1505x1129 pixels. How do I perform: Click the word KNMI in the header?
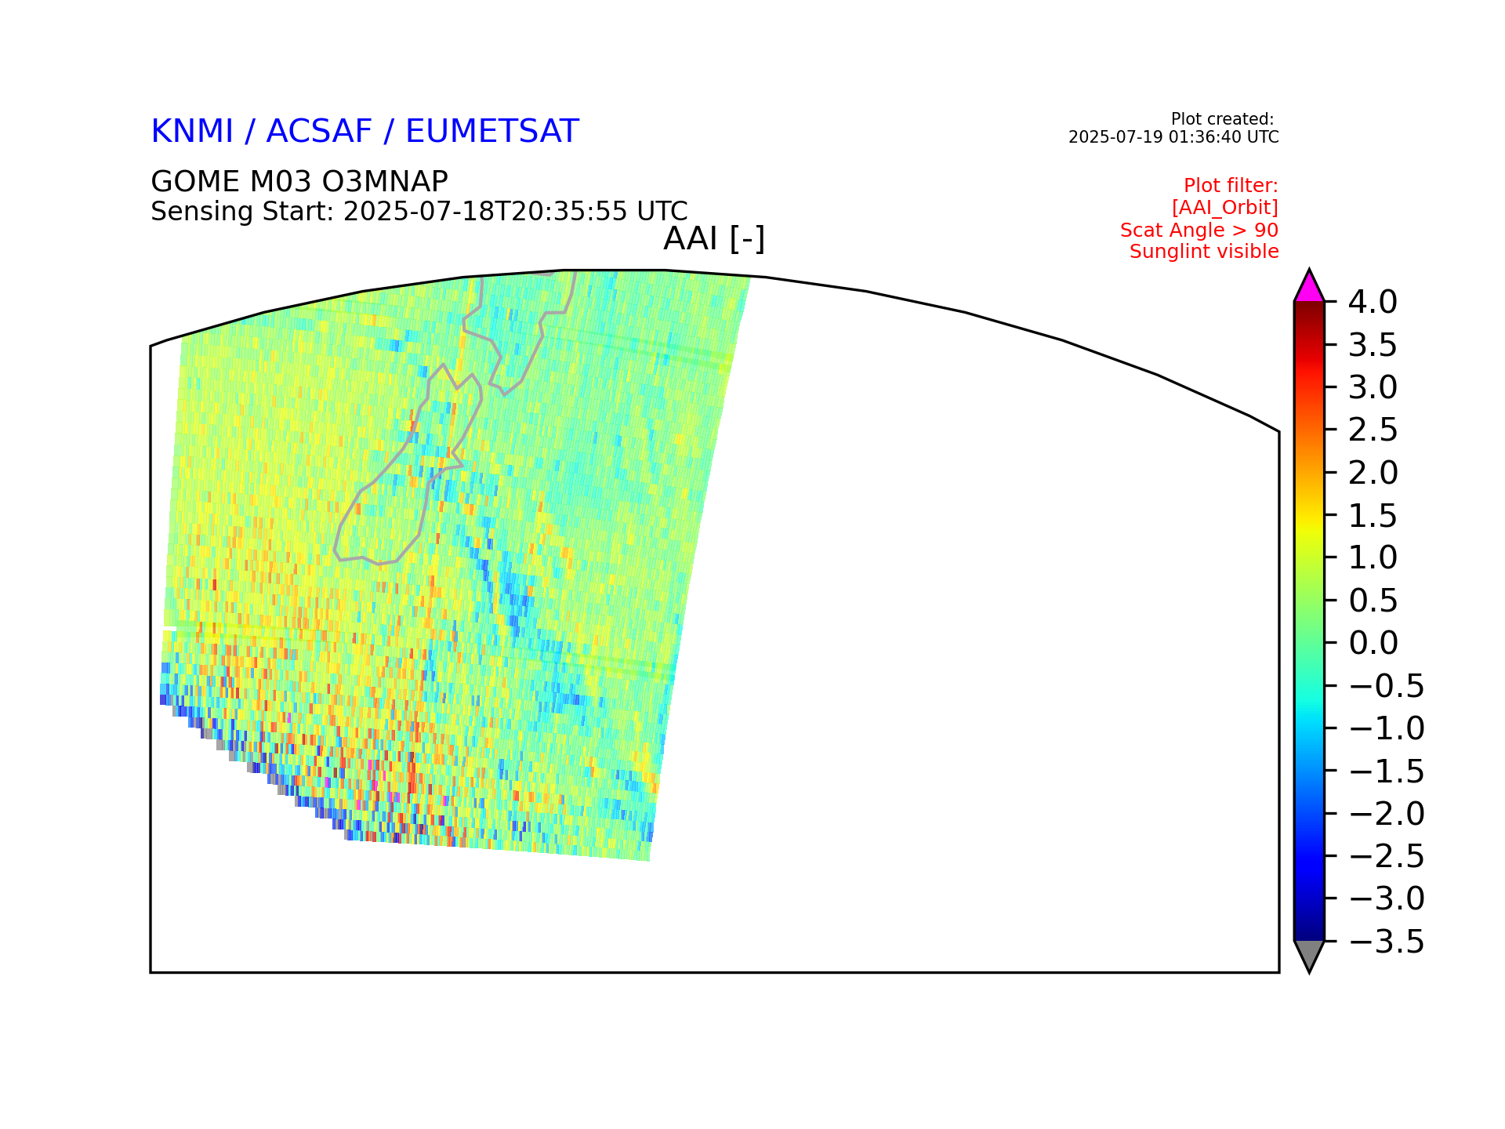coord(192,132)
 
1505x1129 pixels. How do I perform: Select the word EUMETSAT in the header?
coord(491,132)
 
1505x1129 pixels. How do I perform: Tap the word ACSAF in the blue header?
coord(319,132)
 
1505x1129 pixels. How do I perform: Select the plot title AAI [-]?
coord(714,239)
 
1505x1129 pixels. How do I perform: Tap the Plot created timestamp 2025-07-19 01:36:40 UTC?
coord(1173,137)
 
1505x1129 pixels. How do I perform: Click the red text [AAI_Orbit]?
coord(1225,208)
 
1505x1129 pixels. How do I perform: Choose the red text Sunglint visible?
coord(1204,252)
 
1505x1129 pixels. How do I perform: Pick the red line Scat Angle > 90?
coord(1199,231)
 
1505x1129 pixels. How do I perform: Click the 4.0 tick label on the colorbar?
coord(1373,302)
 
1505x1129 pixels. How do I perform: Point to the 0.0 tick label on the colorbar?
coord(1373,643)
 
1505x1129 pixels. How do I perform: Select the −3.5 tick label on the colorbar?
coord(1386,942)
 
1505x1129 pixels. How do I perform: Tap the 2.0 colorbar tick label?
coord(1373,473)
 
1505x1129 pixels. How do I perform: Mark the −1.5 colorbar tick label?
coord(1386,771)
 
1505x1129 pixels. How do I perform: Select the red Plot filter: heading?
coord(1231,186)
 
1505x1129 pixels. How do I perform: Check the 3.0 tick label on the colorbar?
coord(1373,387)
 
